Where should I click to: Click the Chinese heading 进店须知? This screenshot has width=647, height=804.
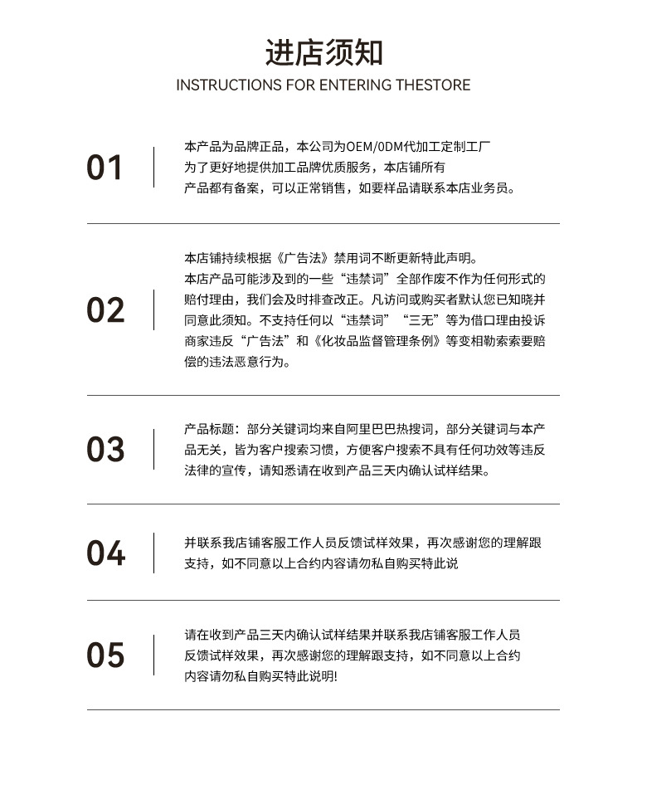coord(323,51)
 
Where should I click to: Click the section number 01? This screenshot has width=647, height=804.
coord(105,168)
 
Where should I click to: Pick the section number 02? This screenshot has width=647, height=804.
coord(105,310)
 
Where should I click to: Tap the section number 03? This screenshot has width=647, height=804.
coord(105,450)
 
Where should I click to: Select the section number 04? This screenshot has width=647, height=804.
coord(105,553)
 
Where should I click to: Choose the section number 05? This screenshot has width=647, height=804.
coord(105,655)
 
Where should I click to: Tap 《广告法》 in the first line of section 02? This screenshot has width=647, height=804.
coord(303,258)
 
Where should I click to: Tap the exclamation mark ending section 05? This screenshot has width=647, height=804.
coord(335,677)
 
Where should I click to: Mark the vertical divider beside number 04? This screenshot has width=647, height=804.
coord(153,553)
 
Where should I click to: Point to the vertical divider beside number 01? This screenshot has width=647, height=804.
coord(153,167)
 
